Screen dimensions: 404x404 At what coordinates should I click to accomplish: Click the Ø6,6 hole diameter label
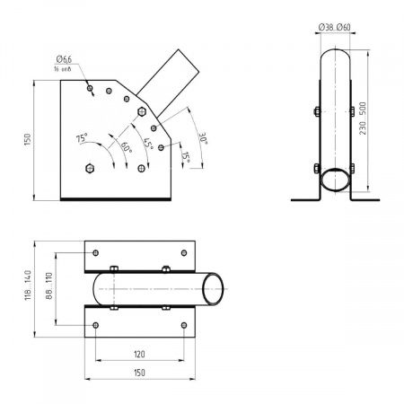click(x=62, y=60)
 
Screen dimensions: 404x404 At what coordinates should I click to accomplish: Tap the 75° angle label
click(x=82, y=140)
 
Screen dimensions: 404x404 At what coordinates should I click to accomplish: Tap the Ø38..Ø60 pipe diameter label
click(x=334, y=28)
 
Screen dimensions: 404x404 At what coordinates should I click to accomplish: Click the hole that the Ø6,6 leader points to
click(x=90, y=87)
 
